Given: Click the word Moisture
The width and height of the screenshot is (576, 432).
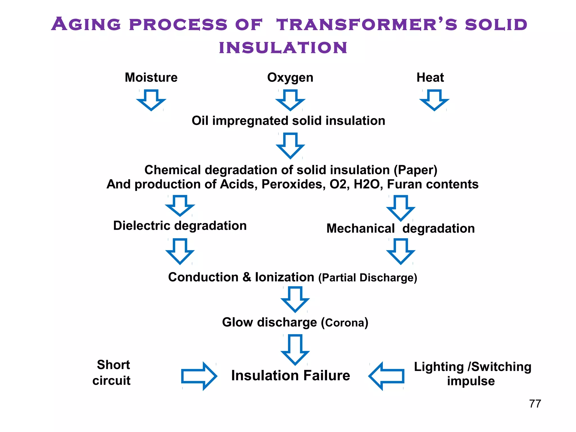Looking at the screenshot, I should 151,77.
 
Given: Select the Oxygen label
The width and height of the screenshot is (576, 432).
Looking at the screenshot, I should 290,77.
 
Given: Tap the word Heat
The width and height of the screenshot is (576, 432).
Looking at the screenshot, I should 430,77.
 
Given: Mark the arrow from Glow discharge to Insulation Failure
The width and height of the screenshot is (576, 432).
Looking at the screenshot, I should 295,349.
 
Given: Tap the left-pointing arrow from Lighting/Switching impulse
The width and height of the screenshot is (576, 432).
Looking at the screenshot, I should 386,376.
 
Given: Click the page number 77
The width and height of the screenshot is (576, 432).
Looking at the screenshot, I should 535,404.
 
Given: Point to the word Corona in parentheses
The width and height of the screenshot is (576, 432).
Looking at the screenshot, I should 345,323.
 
